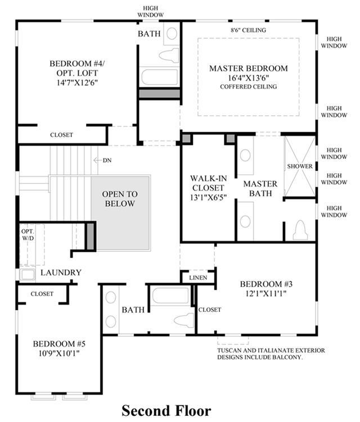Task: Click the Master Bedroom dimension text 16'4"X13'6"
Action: click(x=249, y=78)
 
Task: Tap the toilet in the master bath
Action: click(x=300, y=230)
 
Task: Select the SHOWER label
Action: click(x=300, y=166)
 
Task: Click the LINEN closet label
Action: click(x=198, y=278)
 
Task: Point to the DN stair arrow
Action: click(x=97, y=160)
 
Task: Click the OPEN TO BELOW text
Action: click(x=120, y=198)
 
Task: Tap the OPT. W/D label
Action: click(x=28, y=235)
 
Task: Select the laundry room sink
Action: click(x=28, y=275)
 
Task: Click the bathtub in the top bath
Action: click(x=160, y=77)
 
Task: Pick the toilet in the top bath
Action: click(x=169, y=56)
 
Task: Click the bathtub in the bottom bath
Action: click(x=170, y=296)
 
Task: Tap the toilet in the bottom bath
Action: click(x=184, y=320)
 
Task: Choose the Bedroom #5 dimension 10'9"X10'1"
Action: click(x=59, y=353)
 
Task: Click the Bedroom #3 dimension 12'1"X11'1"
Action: click(x=266, y=293)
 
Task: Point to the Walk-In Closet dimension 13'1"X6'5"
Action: click(x=208, y=197)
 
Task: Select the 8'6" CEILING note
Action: click(x=248, y=30)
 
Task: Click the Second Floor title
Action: click(x=166, y=411)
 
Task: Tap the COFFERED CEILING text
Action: click(x=249, y=87)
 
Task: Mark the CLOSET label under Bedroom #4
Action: click(x=61, y=135)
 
